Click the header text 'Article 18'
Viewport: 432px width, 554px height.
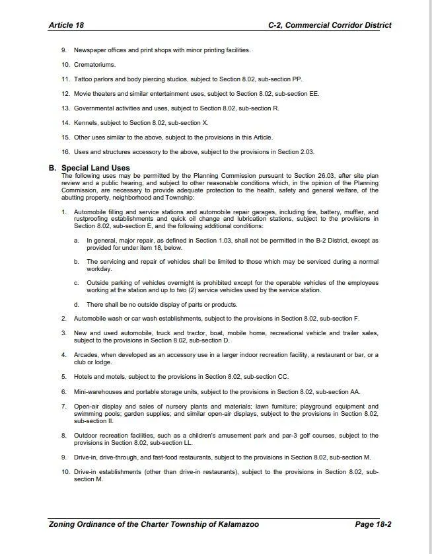pos(66,25)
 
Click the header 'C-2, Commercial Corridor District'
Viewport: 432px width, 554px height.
pos(329,25)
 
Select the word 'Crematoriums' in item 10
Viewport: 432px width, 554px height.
pos(94,65)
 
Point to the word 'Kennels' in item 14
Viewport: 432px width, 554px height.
pos(85,123)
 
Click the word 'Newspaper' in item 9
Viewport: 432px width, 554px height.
pos(89,50)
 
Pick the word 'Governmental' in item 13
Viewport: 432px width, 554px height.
pos(94,108)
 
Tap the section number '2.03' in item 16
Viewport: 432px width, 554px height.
pos(306,152)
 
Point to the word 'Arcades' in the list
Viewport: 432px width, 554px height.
pos(86,355)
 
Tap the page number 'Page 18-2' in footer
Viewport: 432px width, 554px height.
pos(373,524)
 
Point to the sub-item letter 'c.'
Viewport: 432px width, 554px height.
pos(77,283)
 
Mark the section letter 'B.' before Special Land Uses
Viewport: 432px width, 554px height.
pos(52,168)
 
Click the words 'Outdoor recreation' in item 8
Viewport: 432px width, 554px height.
pos(102,436)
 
